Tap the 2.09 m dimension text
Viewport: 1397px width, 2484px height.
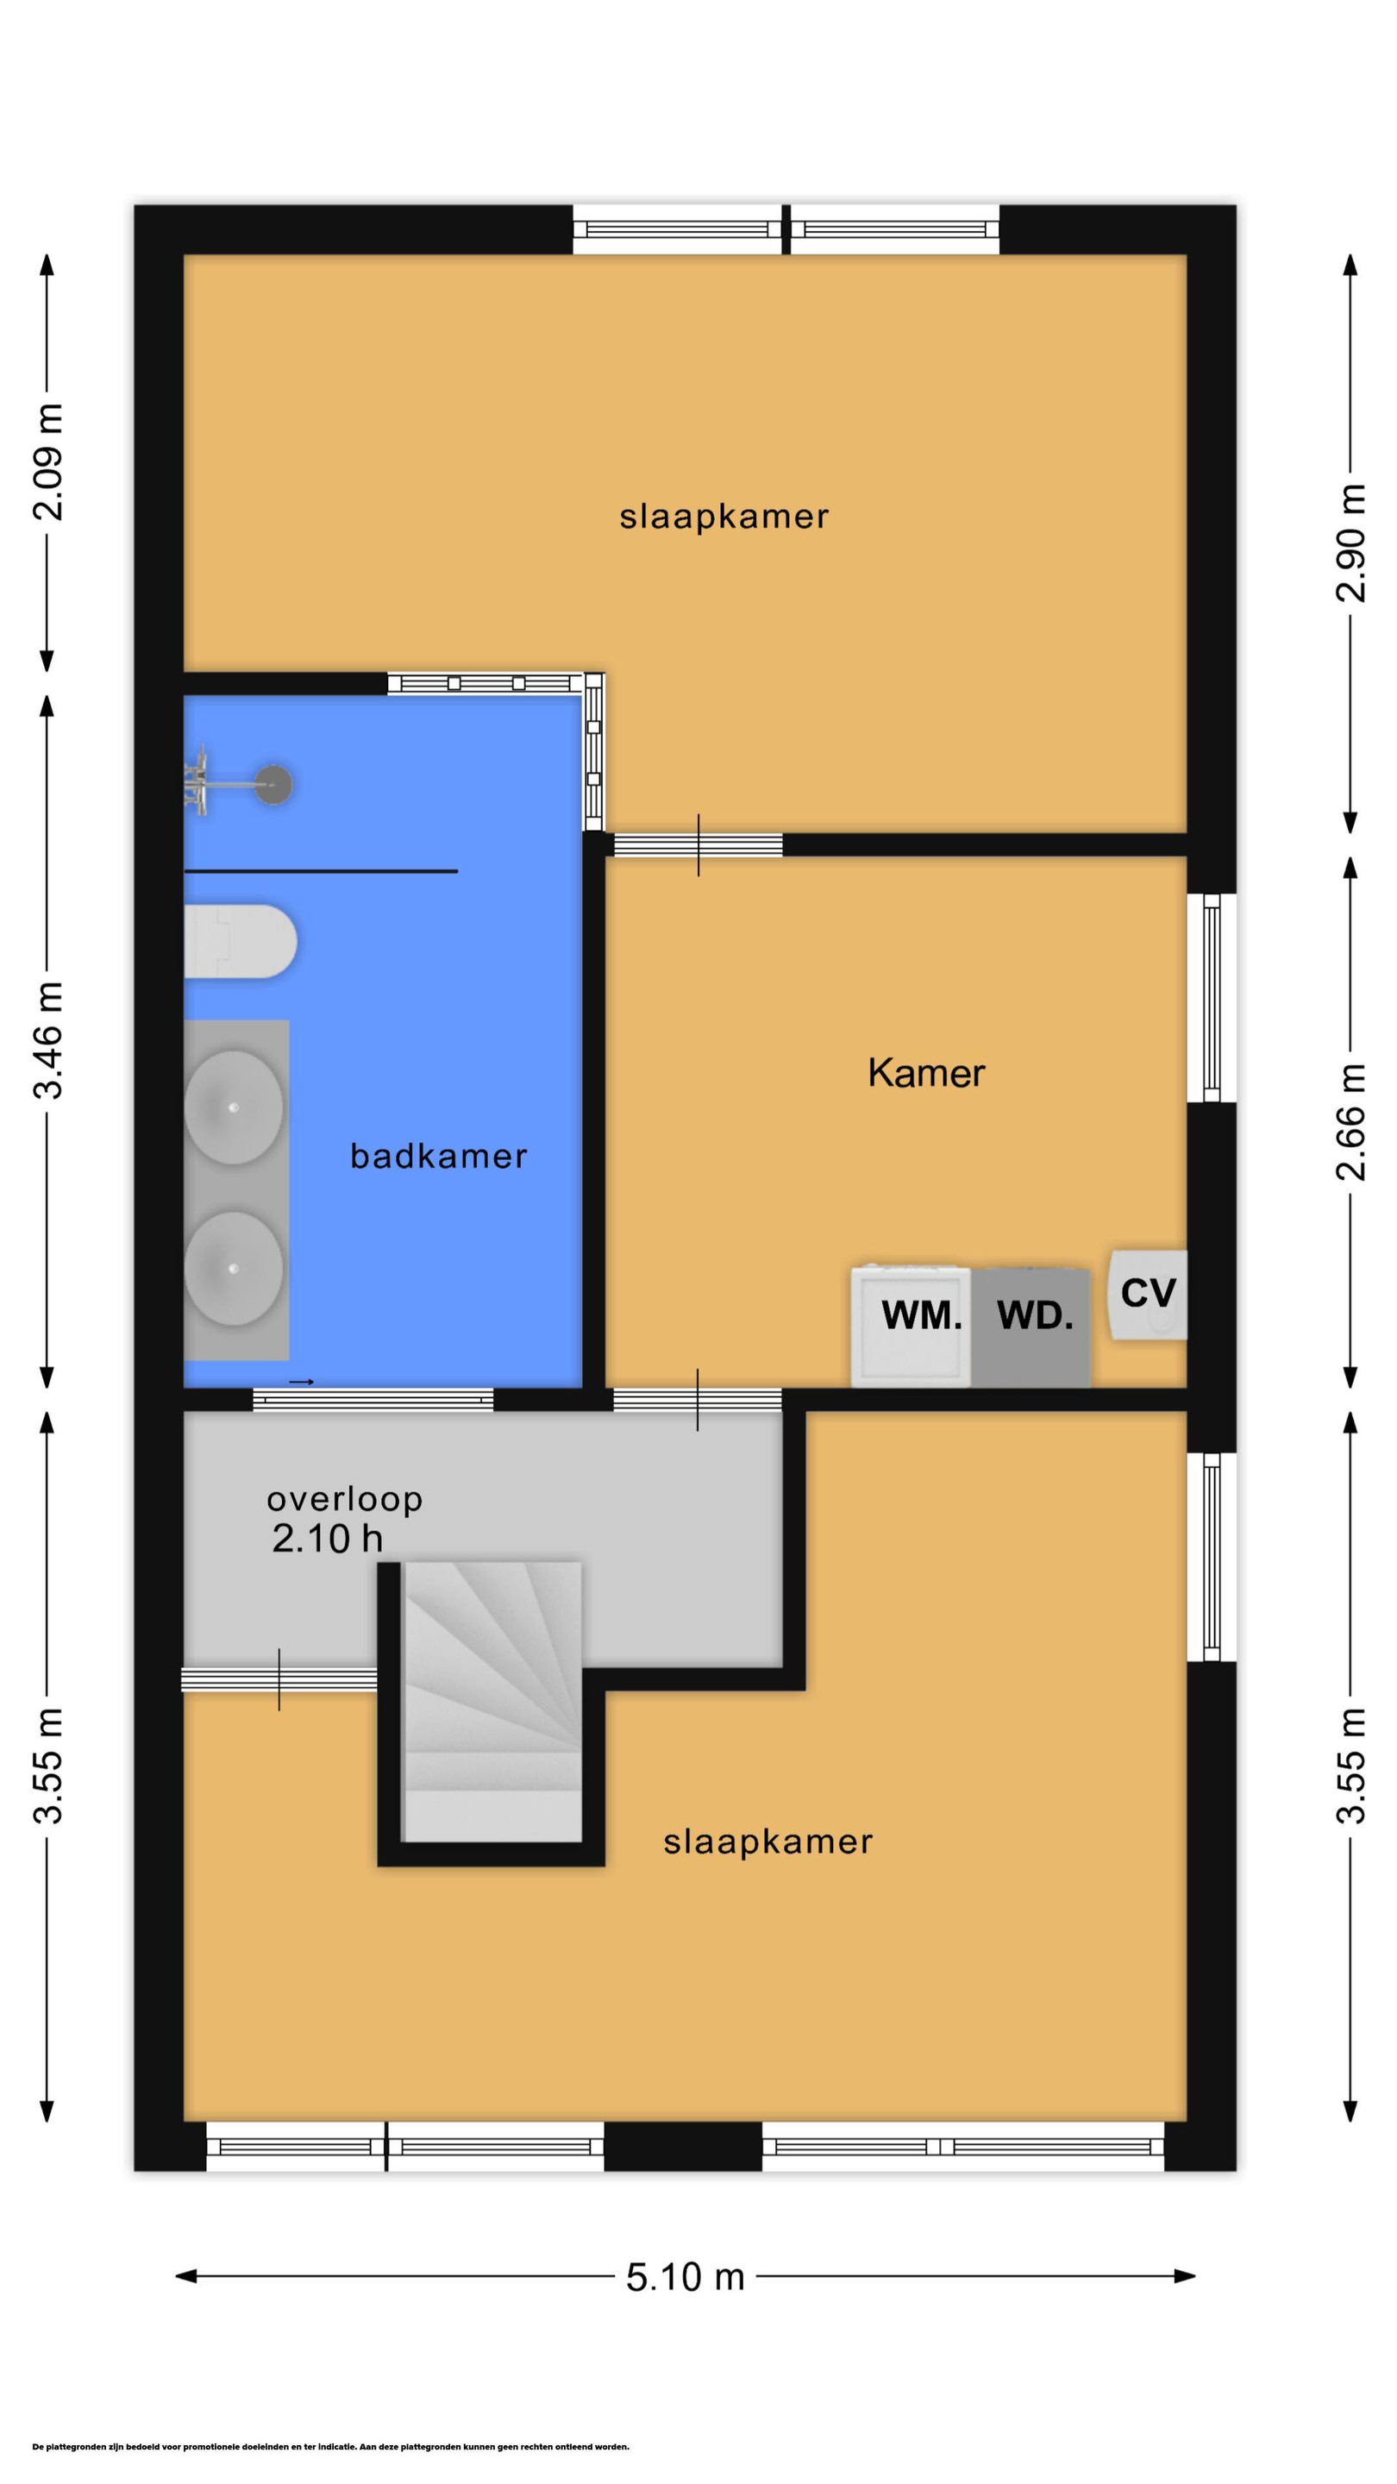click(x=48, y=462)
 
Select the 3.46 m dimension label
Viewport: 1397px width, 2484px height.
click(x=48, y=1040)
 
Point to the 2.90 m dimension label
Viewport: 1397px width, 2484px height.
click(x=1350, y=543)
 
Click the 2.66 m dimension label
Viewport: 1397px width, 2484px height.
click(x=1350, y=1121)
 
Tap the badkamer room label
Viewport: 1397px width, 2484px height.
click(x=439, y=1155)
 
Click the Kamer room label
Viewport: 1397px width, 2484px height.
click(x=925, y=1072)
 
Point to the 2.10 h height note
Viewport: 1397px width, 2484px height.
click(x=327, y=1538)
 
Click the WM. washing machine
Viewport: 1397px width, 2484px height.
click(x=911, y=1326)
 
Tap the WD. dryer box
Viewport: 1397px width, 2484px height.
click(x=1031, y=1328)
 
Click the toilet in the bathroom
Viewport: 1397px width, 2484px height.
click(x=240, y=941)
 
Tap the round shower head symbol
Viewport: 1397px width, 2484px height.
click(x=274, y=785)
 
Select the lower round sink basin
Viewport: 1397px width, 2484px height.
click(x=234, y=1269)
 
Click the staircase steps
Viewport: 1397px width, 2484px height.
click(x=492, y=1701)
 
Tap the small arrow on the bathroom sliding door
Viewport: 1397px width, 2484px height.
click(x=302, y=1382)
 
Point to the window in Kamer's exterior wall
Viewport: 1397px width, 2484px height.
click(x=1212, y=998)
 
